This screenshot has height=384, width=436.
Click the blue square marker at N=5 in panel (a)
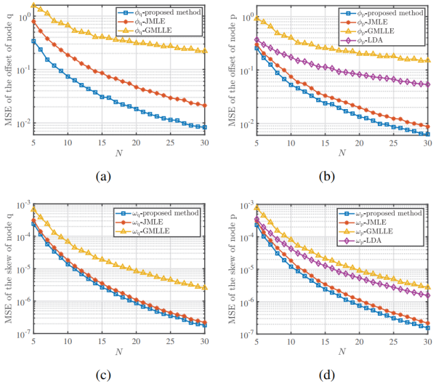pyautogui.click(x=33, y=41)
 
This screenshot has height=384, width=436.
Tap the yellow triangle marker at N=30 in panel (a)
pyautogui.click(x=206, y=51)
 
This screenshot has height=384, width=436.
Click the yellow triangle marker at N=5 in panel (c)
pyautogui.click(x=33, y=209)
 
